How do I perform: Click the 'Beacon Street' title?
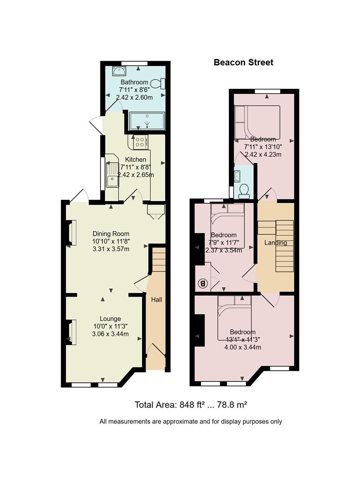pos(243,62)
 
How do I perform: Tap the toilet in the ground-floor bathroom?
pos(158,83)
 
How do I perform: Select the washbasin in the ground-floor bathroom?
pos(119,71)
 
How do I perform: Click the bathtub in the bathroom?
pos(147,121)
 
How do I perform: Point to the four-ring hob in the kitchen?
pos(140,142)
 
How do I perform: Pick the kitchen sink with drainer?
pos(112,174)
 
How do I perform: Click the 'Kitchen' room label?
pos(136,159)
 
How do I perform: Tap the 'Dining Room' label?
pos(111,234)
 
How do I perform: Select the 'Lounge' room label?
pos(110,319)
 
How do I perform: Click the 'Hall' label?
pos(156,300)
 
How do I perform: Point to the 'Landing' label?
pos(276,243)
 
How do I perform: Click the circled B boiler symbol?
pos(203,283)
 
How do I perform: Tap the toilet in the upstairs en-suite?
pos(244,191)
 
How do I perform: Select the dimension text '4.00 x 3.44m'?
pos(242,347)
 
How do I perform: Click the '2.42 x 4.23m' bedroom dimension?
pos(263,154)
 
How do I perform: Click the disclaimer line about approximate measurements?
pos(191,422)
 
